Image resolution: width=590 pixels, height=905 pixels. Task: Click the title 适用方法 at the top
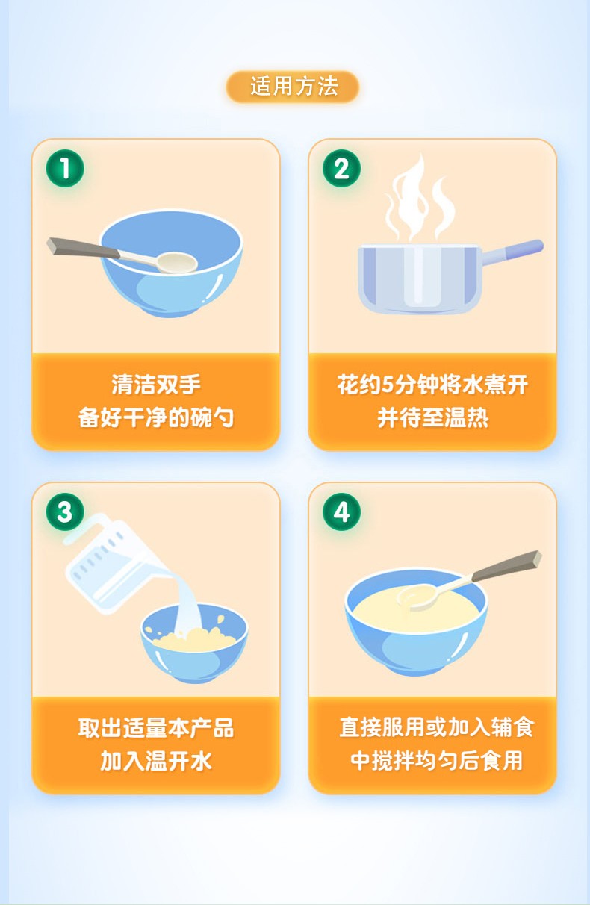(294, 87)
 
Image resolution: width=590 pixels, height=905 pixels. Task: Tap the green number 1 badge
(65, 169)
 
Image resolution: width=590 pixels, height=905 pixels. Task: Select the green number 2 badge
(341, 169)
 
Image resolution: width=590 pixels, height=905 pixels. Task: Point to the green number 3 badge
(65, 512)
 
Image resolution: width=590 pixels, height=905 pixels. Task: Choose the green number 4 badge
(341, 512)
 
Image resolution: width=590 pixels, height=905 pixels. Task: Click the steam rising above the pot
(418, 198)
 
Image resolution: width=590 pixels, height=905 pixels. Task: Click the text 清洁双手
(156, 385)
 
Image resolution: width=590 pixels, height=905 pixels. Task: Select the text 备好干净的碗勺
(156, 417)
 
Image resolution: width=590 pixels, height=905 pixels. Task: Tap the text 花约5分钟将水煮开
(432, 385)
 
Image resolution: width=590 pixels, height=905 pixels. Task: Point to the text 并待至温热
(432, 417)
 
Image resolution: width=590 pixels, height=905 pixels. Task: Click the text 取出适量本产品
(156, 728)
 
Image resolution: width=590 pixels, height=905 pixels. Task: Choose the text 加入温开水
(156, 761)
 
